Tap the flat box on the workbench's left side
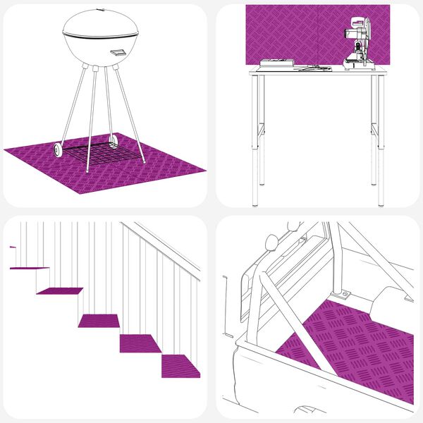coord(276,63)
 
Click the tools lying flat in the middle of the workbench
coord(314,68)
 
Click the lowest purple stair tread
coord(180,366)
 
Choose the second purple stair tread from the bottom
coord(142,343)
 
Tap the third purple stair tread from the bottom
coord(99,321)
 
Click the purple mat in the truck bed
coord(352,345)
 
